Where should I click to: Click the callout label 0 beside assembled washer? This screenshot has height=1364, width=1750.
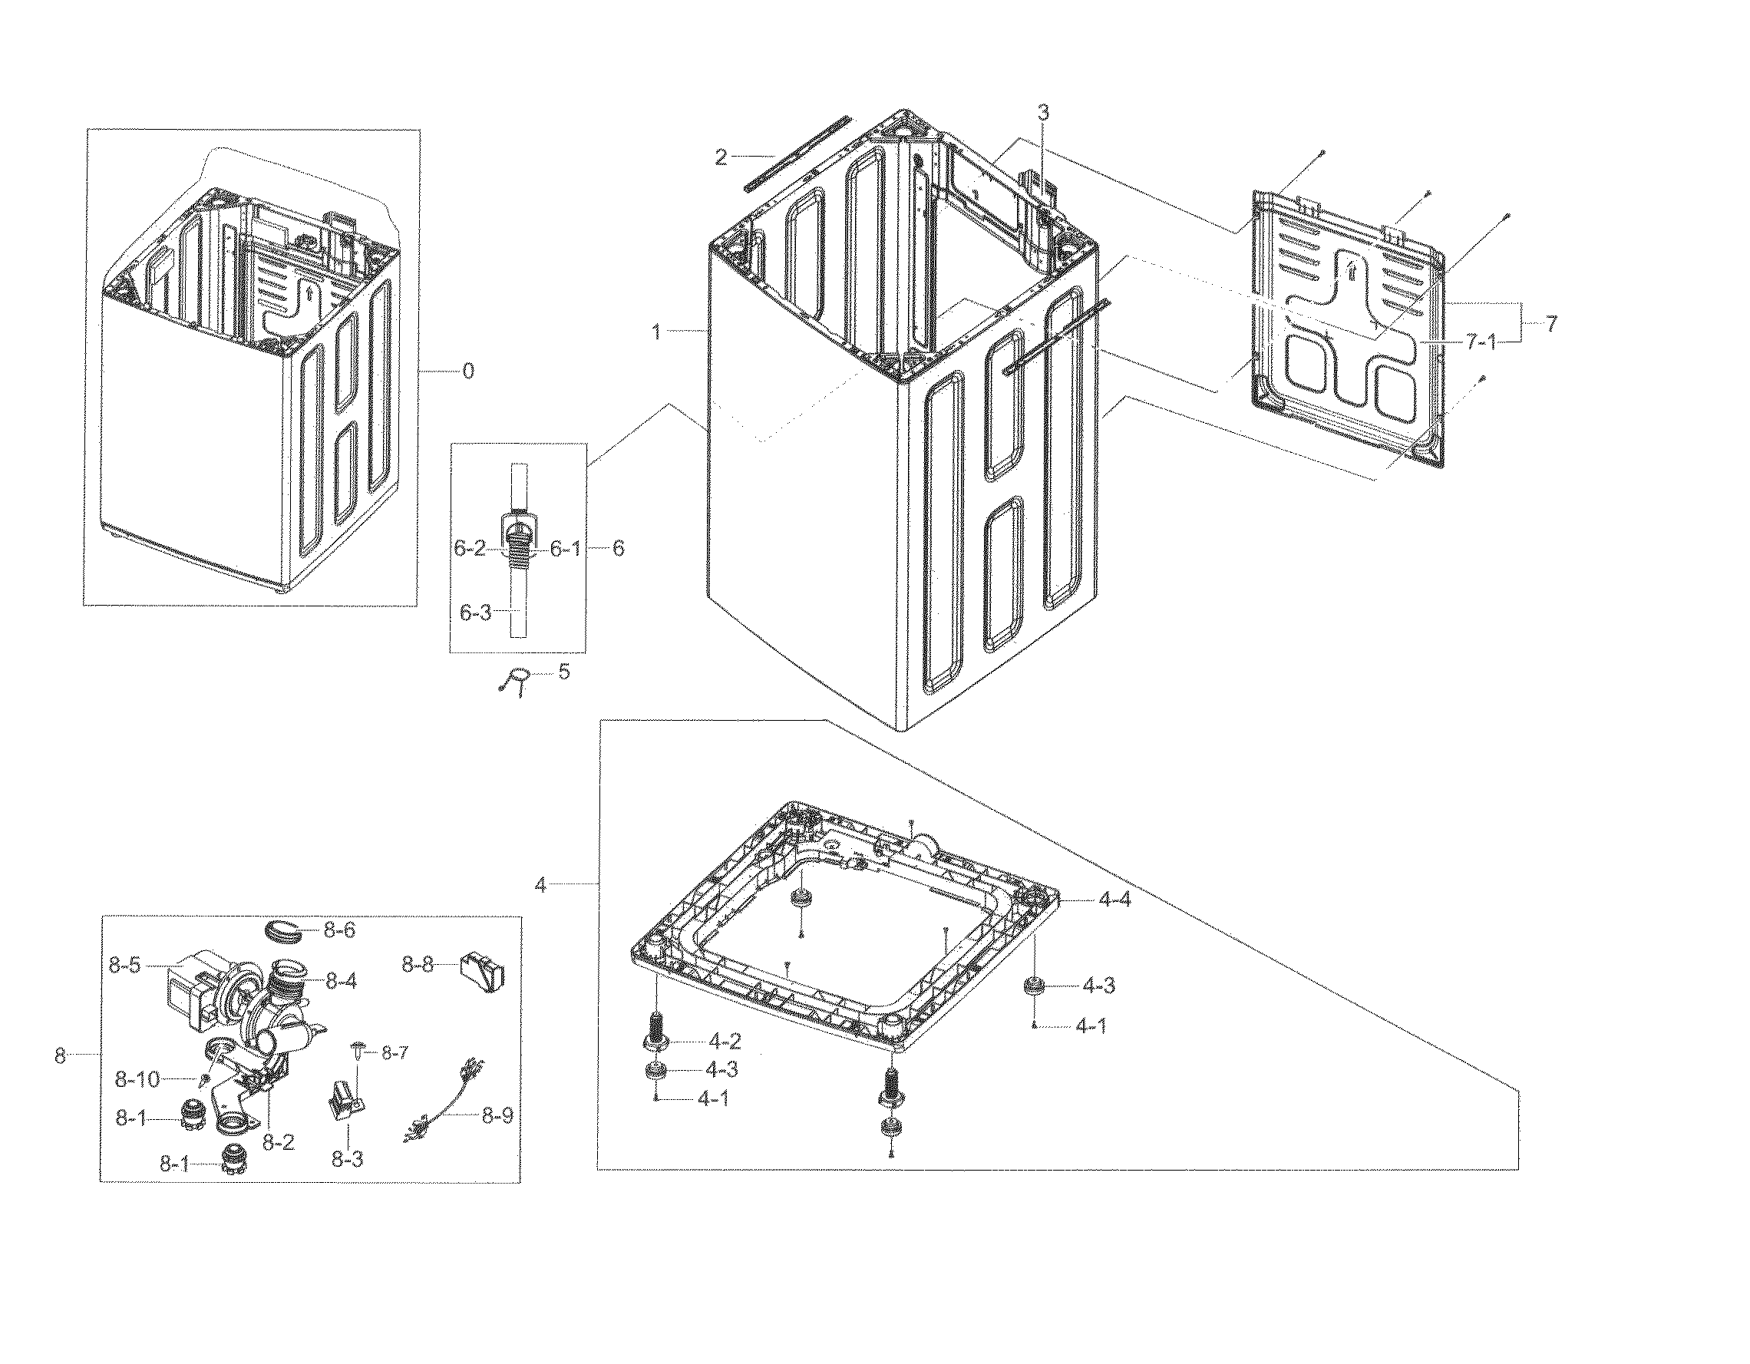click(x=468, y=371)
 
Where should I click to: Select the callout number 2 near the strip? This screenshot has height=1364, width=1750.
click(x=721, y=157)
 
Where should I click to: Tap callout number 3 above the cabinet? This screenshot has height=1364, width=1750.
click(x=1043, y=113)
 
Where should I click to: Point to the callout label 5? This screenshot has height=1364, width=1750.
click(x=564, y=672)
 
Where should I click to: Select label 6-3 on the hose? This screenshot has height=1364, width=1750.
click(x=474, y=613)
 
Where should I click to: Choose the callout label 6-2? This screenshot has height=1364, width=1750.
click(x=470, y=549)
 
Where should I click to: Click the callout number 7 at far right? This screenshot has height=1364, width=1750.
click(x=1551, y=325)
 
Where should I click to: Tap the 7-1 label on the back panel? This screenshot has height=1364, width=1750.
click(x=1481, y=342)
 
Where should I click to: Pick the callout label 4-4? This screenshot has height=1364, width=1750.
click(x=1114, y=900)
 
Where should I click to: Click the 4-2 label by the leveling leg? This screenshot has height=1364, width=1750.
click(x=725, y=1042)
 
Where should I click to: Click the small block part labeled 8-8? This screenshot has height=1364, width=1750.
click(x=482, y=972)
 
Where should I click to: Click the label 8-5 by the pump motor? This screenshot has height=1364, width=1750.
click(x=125, y=966)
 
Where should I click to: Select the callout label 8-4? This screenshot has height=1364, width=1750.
click(x=341, y=981)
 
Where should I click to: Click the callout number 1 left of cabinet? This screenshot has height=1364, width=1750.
click(x=657, y=331)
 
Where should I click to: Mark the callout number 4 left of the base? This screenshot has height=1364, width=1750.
click(x=541, y=886)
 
